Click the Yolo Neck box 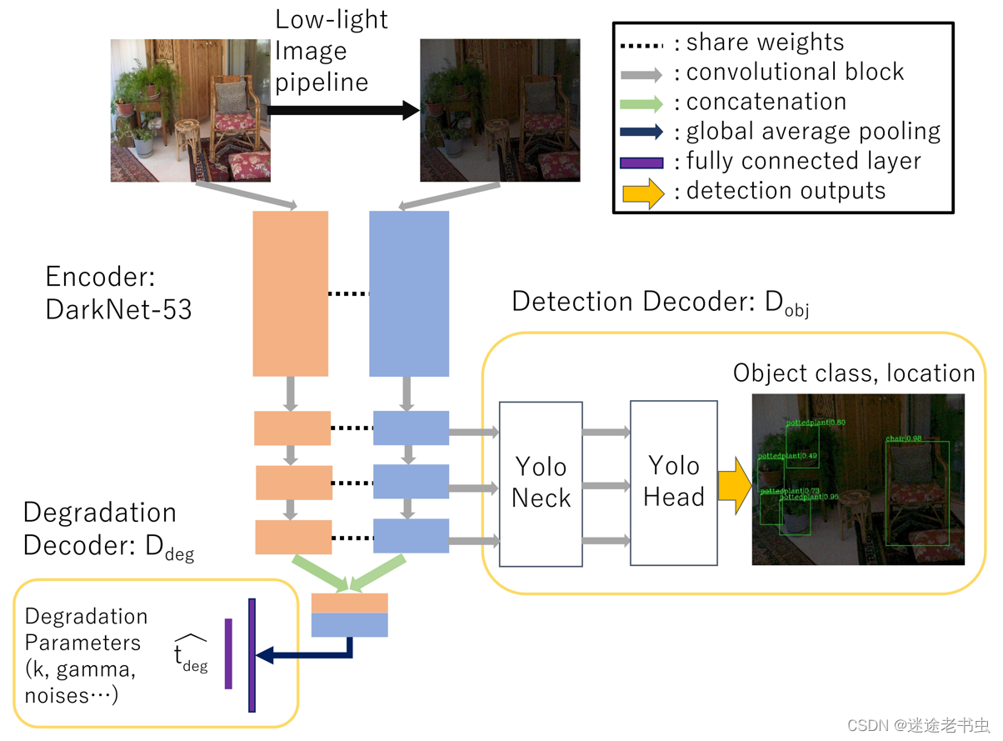540,483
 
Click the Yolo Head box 673,483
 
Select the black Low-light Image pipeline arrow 342,109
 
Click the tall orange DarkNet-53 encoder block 290,293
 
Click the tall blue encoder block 409,293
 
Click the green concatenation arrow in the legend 641,103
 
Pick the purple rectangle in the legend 641,163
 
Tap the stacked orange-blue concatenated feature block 349,614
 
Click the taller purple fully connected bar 252,654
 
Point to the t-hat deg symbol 190,653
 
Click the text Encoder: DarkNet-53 118,293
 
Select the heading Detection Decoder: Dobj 660,303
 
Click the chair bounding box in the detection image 916,492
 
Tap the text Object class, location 853,373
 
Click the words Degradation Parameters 86,630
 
